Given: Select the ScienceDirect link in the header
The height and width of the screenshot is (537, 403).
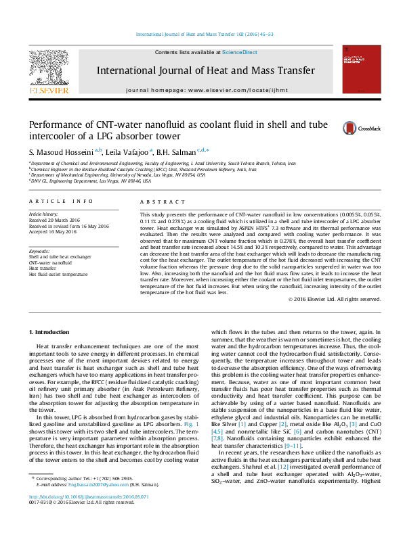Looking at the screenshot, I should (x=240, y=52).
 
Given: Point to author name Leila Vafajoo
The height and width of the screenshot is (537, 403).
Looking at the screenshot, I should (x=127, y=151).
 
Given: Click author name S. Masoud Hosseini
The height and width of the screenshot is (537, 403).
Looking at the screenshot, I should (x=63, y=151).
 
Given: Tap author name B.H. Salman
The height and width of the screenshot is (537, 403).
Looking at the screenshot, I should (x=176, y=151).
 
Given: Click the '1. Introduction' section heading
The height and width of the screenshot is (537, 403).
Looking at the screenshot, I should (x=51, y=332).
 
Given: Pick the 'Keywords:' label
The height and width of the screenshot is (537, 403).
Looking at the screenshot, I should (x=40, y=252).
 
